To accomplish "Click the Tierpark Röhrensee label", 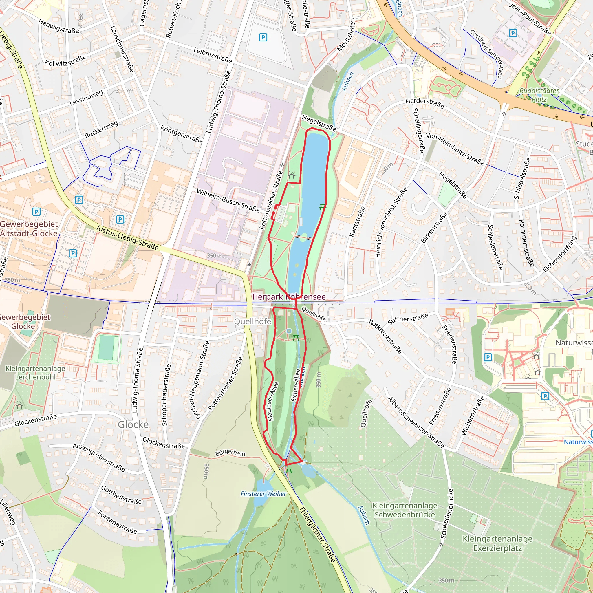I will click(x=288, y=297).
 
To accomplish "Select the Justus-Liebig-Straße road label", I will click(x=127, y=237).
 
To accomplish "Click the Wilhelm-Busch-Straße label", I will click(x=228, y=201).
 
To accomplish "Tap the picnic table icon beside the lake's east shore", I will click(x=322, y=208).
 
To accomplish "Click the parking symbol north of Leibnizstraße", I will click(x=263, y=37).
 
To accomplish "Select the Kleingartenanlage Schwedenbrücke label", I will click(x=405, y=510).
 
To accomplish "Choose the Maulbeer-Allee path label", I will click(x=272, y=401).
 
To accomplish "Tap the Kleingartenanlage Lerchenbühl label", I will click(x=35, y=372).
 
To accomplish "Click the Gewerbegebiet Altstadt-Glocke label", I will click(x=29, y=229).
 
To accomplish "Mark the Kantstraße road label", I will click(x=357, y=221).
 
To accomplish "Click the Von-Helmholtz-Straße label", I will click(x=455, y=149).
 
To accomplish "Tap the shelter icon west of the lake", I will click(x=291, y=175).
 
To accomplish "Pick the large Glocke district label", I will click(x=133, y=424).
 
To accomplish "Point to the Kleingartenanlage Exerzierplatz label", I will click(x=497, y=543).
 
